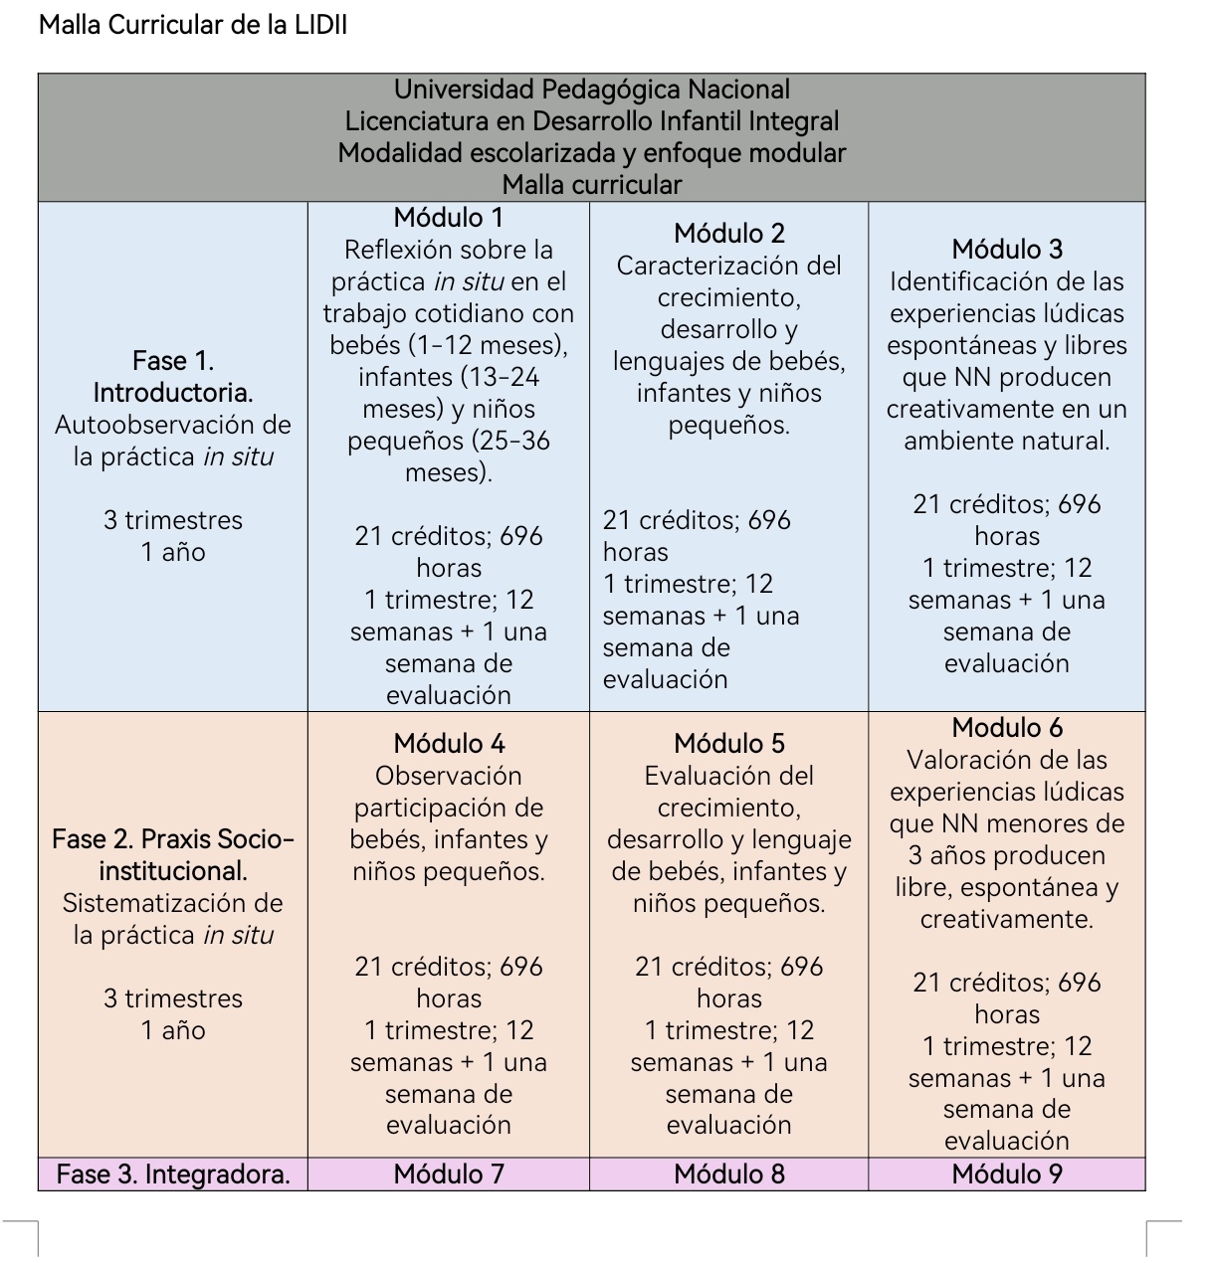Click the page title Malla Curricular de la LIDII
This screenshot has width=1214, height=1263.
click(x=193, y=25)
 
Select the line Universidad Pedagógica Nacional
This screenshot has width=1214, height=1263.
click(x=592, y=90)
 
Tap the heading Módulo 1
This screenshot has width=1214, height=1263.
click(x=448, y=218)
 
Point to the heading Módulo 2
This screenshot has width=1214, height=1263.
click(x=728, y=233)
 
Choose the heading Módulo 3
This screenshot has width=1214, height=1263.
click(x=1007, y=250)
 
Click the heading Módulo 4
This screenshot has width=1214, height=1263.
click(x=448, y=744)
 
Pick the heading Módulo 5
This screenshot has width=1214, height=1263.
click(x=728, y=744)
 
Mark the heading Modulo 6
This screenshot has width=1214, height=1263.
click(x=1007, y=728)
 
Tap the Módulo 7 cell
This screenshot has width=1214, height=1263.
click(x=448, y=1174)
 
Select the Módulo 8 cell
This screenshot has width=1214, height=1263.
click(x=728, y=1174)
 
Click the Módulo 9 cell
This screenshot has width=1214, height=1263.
click(x=1007, y=1174)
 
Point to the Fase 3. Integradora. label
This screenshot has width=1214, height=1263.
click(x=173, y=1174)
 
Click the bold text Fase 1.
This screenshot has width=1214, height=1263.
click(x=173, y=361)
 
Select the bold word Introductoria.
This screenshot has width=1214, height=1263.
click(x=173, y=393)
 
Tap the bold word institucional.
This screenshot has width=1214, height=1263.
click(x=173, y=871)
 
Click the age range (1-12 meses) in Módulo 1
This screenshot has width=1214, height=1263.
click(x=488, y=345)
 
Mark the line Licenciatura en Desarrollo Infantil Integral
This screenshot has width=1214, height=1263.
click(x=592, y=121)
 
